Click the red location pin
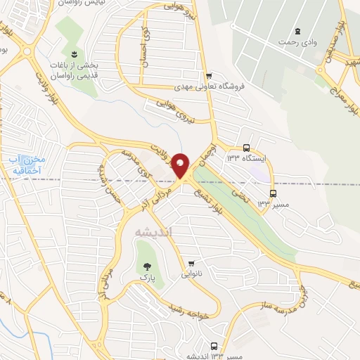coord(181,165)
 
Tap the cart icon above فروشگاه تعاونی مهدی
coord(209,76)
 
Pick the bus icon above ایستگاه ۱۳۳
coord(246,148)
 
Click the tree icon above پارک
coord(148,266)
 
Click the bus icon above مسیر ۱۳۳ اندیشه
coord(214,345)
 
